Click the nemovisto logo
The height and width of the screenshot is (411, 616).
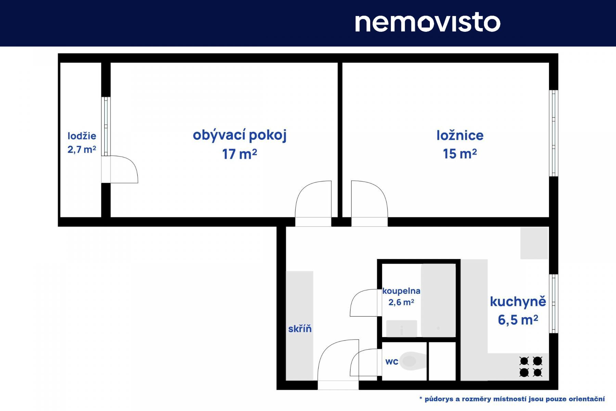point(428,23)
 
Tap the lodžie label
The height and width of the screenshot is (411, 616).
point(82,136)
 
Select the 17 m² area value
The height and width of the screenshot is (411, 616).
point(240,154)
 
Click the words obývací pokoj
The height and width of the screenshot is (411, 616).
point(240,135)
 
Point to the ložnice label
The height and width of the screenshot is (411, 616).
point(460,135)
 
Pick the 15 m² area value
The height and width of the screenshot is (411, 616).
point(460,154)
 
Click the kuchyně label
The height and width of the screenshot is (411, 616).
point(518,301)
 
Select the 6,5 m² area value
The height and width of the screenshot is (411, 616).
point(518,320)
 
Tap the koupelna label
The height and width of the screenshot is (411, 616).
point(401,291)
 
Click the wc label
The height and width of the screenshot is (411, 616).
point(392,362)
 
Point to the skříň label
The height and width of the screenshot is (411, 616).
point(300,329)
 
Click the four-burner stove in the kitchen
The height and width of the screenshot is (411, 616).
point(531,366)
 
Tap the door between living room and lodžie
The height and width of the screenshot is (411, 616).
point(120,169)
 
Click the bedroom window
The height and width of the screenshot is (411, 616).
point(554,133)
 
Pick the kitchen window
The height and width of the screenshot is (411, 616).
point(554,303)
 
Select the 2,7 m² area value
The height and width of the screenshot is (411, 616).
point(82,149)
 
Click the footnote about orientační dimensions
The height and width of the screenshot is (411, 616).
point(512,399)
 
